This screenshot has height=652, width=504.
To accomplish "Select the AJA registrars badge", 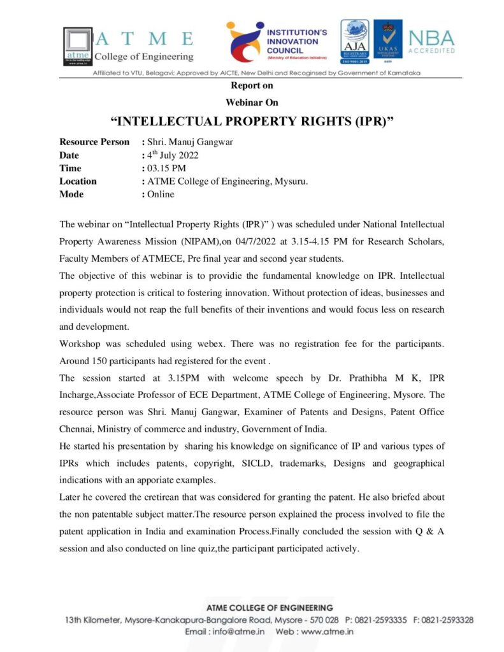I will [x=354, y=41].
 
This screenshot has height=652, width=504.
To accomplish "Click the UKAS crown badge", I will [x=387, y=41].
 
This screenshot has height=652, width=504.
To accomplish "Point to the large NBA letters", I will [x=431, y=38].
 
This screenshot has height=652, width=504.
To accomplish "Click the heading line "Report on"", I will [x=252, y=85].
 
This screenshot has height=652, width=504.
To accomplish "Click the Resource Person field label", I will [x=94, y=142].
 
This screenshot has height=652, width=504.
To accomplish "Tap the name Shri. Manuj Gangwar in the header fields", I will [x=190, y=142].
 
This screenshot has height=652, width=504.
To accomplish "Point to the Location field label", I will [x=78, y=181].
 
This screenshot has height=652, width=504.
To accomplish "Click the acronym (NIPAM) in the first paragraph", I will [x=198, y=242].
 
